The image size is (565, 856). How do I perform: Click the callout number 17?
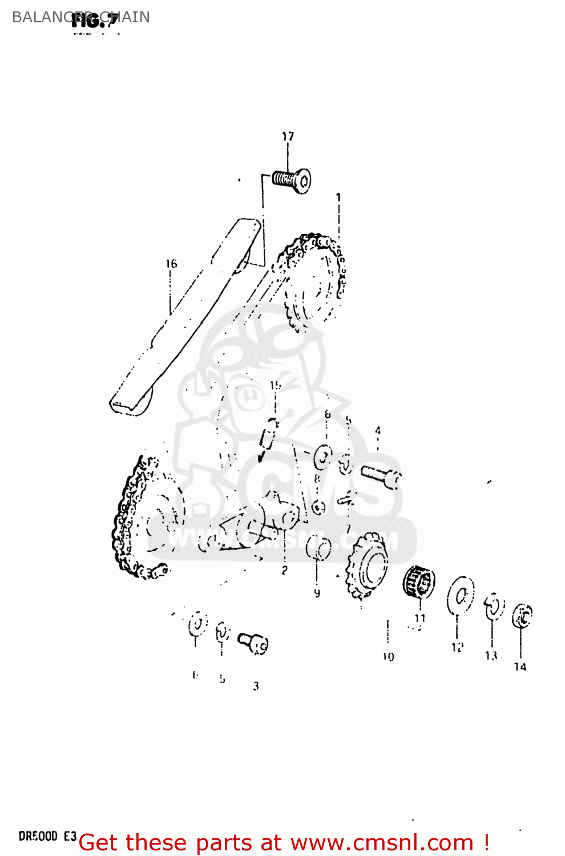pyautogui.click(x=288, y=136)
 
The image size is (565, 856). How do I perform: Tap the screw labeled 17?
pyautogui.click(x=292, y=180)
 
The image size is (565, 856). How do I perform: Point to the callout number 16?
pyautogui.click(x=171, y=264)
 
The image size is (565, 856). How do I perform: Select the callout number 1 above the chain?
pyautogui.click(x=338, y=197)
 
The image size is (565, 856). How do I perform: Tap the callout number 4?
pyautogui.click(x=377, y=431)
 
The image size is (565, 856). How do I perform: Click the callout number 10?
pyautogui.click(x=388, y=657)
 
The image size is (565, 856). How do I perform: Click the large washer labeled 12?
pyautogui.click(x=461, y=595)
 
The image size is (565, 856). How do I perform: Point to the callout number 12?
pyautogui.click(x=457, y=648)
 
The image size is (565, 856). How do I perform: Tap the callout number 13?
pyautogui.click(x=491, y=656)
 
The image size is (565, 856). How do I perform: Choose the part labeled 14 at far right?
pyautogui.click(x=522, y=616)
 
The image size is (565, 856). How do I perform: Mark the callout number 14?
pyautogui.click(x=520, y=667)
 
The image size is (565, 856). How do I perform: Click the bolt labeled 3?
pyautogui.click(x=254, y=643)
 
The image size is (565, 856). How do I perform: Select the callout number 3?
pyautogui.click(x=256, y=686)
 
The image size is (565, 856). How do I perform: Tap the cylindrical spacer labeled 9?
pyautogui.click(x=318, y=549)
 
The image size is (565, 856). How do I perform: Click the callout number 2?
pyautogui.click(x=284, y=570)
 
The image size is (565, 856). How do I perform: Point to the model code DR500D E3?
pyautogui.click(x=47, y=837)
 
